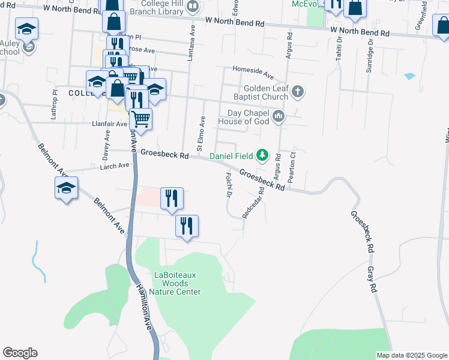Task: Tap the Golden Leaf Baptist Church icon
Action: [x=298, y=92]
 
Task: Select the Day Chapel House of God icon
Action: [x=278, y=117]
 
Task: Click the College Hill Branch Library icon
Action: [x=193, y=7]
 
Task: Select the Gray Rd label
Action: [x=373, y=280]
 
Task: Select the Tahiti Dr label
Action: [x=339, y=48]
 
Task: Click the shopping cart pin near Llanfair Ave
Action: [x=140, y=118]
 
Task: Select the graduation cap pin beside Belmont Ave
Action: [x=66, y=188]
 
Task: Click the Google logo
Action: [x=20, y=353]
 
